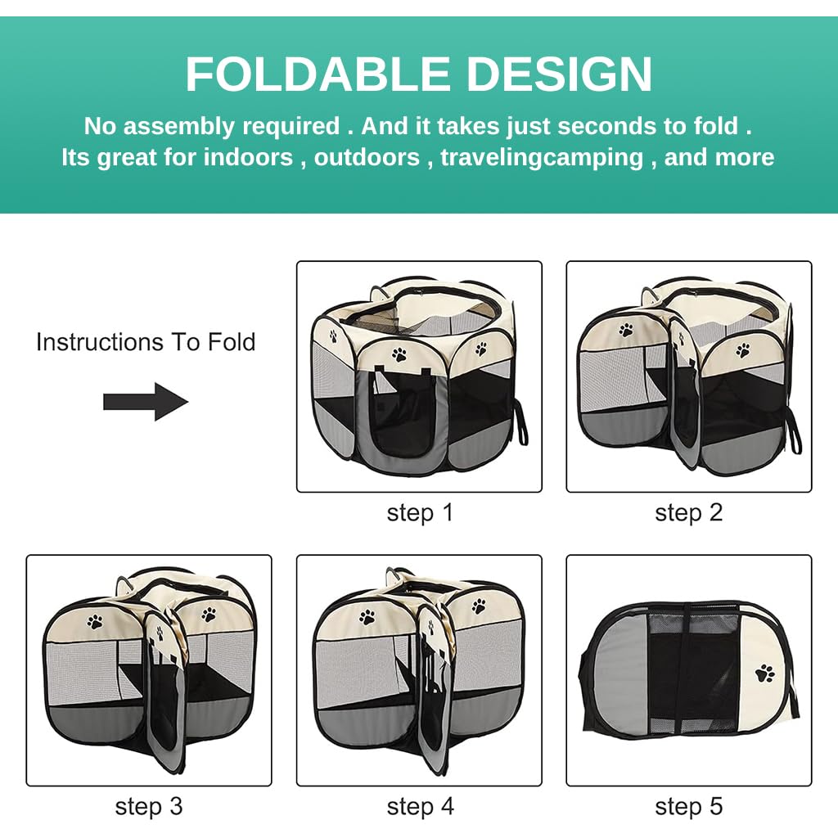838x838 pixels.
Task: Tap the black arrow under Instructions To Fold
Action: click(146, 402)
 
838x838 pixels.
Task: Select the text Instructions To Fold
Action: click(146, 341)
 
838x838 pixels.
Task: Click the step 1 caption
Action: click(419, 513)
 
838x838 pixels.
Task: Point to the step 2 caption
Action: click(689, 513)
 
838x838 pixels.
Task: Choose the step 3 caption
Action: click(149, 807)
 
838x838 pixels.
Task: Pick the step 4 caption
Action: click(419, 807)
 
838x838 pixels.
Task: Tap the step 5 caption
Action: click(689, 807)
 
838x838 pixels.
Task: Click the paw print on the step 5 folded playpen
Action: click(765, 674)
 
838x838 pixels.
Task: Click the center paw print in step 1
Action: click(399, 354)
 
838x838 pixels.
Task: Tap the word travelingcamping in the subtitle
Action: click(542, 157)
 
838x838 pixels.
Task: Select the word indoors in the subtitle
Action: click(248, 157)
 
